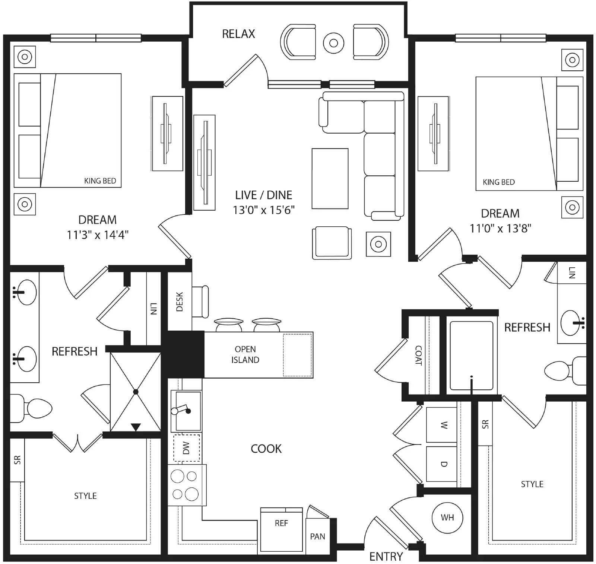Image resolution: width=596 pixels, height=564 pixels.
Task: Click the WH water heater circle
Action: point(447,517)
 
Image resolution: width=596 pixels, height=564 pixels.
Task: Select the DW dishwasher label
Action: point(186,448)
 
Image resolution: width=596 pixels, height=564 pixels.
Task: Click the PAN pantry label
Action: point(317,536)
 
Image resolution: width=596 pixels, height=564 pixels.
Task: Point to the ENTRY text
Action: point(386,557)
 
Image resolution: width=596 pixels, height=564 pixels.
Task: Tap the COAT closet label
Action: point(418,356)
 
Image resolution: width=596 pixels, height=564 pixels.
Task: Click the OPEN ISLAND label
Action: point(245,354)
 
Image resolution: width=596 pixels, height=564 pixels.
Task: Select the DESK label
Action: point(180,302)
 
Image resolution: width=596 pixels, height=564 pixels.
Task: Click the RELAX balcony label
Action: point(238,34)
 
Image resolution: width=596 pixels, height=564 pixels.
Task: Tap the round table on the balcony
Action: point(333,43)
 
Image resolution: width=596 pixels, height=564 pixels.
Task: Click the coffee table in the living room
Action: point(330,179)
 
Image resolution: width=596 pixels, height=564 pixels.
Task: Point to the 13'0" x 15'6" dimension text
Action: point(264,210)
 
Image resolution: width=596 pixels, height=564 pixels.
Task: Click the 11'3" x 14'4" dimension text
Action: point(98,235)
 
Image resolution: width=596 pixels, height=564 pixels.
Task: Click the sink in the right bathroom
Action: point(572,322)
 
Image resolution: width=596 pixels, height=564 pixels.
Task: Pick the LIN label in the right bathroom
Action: point(572,273)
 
